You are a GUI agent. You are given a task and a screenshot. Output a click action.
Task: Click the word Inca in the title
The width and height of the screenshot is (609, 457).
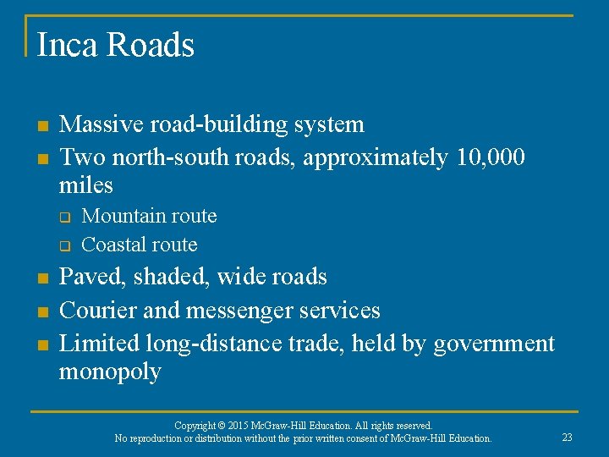click(66, 46)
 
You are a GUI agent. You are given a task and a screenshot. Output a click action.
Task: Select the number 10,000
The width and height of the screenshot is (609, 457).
click(490, 157)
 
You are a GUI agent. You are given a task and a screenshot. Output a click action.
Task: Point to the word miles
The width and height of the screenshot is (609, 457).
click(85, 184)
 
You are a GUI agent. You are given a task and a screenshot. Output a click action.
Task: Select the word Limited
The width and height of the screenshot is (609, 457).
click(99, 343)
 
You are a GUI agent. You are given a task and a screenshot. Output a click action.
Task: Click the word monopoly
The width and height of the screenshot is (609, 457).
click(110, 372)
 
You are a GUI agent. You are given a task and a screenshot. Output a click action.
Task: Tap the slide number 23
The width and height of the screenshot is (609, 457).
click(566, 437)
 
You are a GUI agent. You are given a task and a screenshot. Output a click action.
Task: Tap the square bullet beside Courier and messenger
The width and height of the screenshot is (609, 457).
click(41, 312)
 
